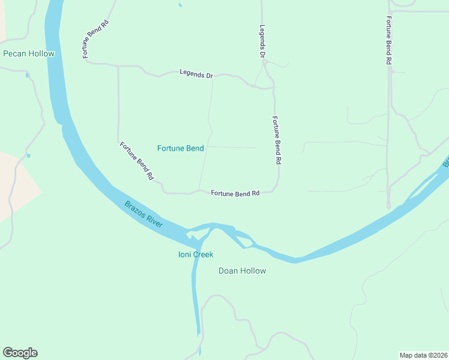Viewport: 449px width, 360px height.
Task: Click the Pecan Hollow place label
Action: (29, 53)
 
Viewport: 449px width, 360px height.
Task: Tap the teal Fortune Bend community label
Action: (180, 148)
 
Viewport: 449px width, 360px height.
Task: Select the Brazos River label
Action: (143, 214)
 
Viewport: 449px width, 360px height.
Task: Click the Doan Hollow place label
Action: (242, 271)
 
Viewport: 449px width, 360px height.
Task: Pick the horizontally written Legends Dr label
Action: (196, 74)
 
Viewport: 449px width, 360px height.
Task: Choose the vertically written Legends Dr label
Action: (262, 41)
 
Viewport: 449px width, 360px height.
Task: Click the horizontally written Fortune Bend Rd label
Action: (235, 194)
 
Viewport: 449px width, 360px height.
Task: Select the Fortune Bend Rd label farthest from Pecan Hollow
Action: (388, 39)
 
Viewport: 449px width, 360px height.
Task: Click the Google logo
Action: (20, 353)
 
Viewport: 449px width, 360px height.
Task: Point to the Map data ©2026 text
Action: (423, 355)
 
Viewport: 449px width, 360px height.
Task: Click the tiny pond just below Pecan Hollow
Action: (26, 76)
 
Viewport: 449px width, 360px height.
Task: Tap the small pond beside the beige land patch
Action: (28, 156)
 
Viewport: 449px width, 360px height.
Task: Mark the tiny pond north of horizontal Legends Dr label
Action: (180, 6)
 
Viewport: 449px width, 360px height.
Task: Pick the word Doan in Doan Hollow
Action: (229, 271)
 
